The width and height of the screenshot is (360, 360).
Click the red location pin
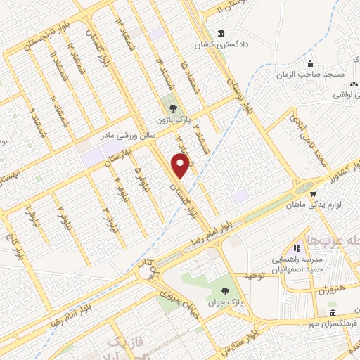181,166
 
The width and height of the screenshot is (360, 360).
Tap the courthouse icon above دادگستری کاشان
221,33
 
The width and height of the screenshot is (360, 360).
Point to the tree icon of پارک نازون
171,108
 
